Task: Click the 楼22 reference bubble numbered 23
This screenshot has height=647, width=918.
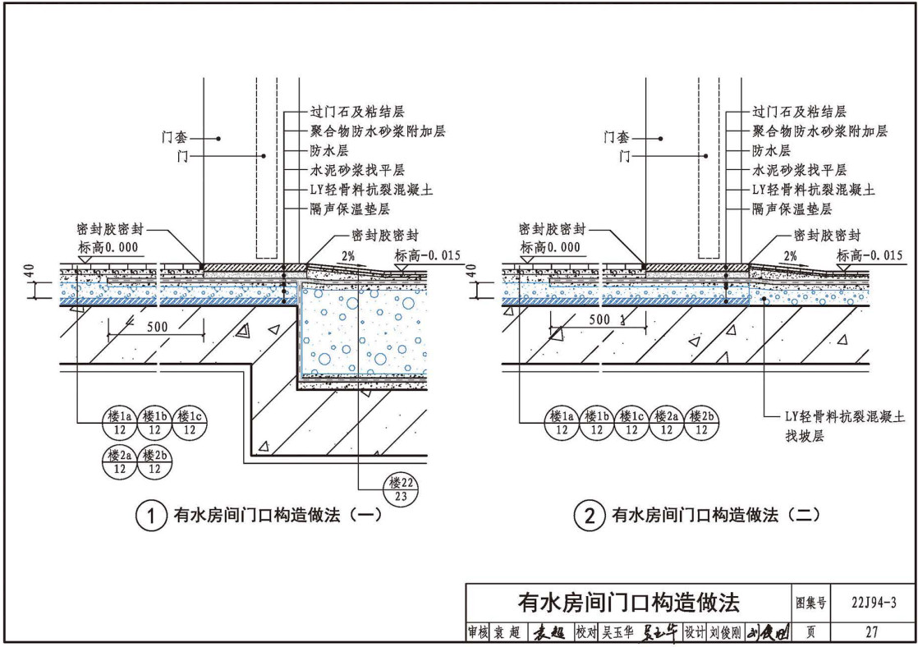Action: tap(399, 489)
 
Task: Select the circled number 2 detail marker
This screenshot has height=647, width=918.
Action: tap(589, 516)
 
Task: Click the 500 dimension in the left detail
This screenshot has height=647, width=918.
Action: tap(157, 327)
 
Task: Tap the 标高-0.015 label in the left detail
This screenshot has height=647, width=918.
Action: tap(429, 255)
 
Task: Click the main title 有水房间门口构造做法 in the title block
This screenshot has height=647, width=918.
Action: tap(627, 603)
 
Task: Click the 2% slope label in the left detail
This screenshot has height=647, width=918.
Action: tap(348, 256)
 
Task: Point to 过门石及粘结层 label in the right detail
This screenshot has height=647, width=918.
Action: tap(799, 111)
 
